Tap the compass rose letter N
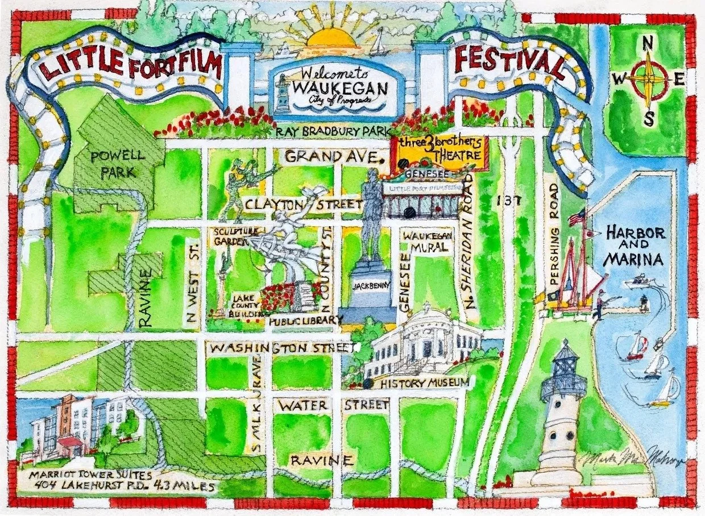click(x=646, y=44)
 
